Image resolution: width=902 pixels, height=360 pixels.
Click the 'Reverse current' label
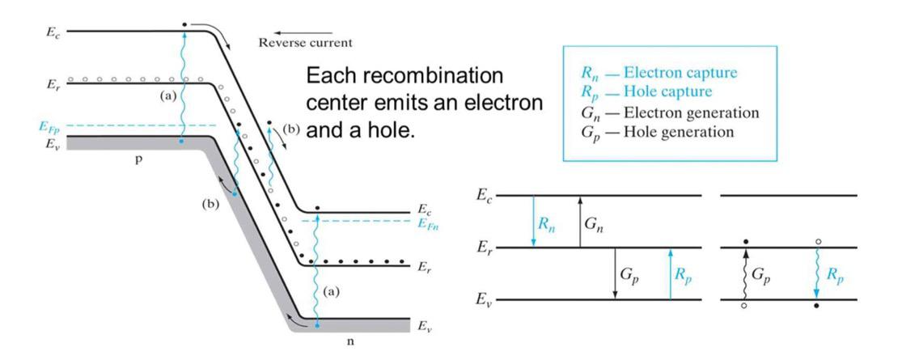pyautogui.click(x=304, y=41)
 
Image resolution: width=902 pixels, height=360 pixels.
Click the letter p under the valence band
pyautogui.click(x=138, y=160)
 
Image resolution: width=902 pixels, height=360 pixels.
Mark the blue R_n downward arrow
pyautogui.click(x=534, y=221)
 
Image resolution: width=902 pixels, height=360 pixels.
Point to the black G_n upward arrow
pyautogui.click(x=579, y=221)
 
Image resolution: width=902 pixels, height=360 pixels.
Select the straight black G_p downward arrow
pyautogui.click(x=615, y=273)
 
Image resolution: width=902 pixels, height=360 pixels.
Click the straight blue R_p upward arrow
pyautogui.click(x=670, y=273)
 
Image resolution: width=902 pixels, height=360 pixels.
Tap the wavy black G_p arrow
pyautogui.click(x=744, y=274)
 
